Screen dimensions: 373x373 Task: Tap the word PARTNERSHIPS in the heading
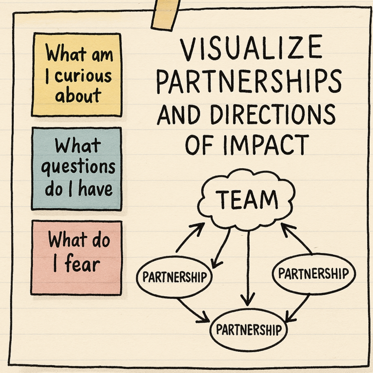point(249,83)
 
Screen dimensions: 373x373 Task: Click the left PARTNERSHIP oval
point(174,278)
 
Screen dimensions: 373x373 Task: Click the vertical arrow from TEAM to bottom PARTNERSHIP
point(246,269)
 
